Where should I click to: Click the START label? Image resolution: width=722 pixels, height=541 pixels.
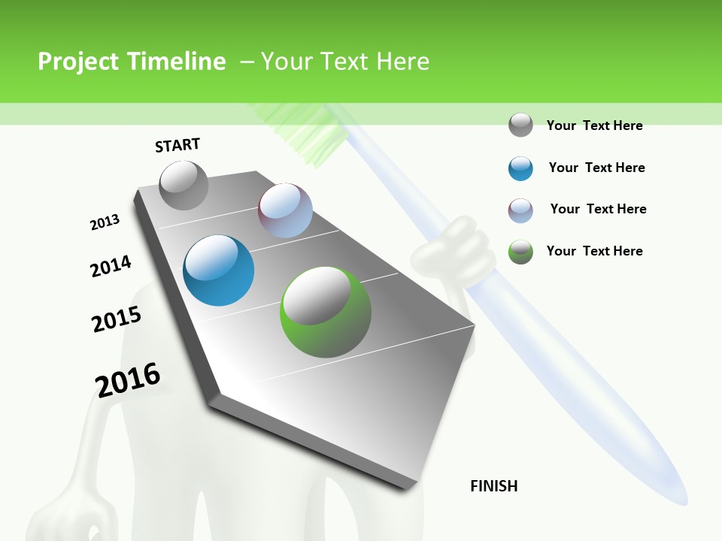coord(177,145)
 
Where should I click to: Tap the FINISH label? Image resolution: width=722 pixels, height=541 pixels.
coord(494,486)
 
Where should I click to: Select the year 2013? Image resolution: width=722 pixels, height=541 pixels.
coord(105,222)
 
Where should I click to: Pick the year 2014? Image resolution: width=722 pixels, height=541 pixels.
coord(111,266)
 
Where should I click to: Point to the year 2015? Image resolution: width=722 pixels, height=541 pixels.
coord(117,319)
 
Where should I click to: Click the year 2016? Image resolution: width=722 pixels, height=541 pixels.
coord(128,380)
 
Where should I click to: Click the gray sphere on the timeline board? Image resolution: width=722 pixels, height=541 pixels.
coord(184,185)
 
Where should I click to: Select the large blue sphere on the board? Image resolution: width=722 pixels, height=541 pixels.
coord(219,270)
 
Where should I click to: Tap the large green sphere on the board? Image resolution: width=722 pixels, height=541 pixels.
coord(326,312)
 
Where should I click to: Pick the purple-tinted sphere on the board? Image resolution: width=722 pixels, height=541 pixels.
coord(286,210)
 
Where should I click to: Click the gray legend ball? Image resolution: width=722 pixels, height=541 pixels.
coord(520,125)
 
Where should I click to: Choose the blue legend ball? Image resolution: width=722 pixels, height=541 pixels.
coord(520,168)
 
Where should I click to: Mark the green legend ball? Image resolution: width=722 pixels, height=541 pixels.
coord(520,252)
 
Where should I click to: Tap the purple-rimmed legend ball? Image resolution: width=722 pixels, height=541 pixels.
coord(520,210)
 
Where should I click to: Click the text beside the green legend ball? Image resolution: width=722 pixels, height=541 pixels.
coord(594,251)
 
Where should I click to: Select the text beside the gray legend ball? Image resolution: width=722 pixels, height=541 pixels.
coord(594,125)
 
